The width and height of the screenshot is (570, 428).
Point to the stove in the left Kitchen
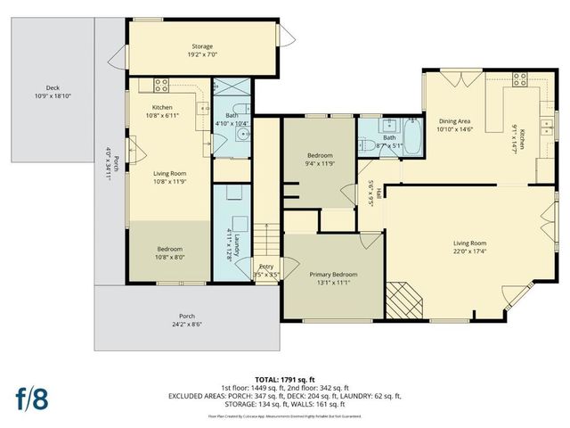pos(161,86)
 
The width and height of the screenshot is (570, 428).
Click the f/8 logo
pos(31,399)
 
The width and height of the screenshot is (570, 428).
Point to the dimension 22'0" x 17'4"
pos(469,251)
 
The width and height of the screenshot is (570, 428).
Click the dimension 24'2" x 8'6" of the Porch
pos(187,325)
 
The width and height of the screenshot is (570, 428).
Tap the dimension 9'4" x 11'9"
pos(320,164)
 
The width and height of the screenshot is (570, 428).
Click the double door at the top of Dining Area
pos(462,82)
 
